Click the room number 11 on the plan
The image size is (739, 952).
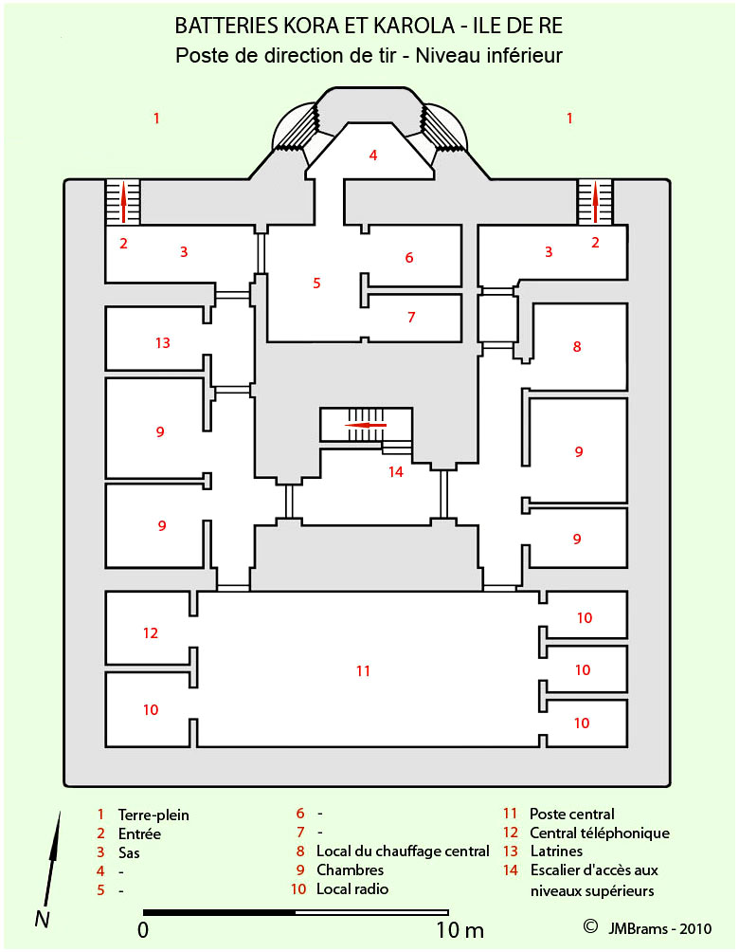(x=363, y=671)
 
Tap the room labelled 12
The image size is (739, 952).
(x=151, y=633)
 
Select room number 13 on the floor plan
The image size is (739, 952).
(x=163, y=343)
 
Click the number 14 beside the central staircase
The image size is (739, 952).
(x=396, y=472)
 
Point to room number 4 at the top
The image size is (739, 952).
(x=373, y=156)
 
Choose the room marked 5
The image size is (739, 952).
(x=316, y=283)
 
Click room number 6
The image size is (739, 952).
(x=409, y=258)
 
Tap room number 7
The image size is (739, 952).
(x=411, y=317)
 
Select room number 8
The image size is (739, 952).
(x=577, y=347)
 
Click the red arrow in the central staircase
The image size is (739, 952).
(x=366, y=425)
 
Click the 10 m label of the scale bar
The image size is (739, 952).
(x=460, y=930)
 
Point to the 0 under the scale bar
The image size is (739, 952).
(x=143, y=930)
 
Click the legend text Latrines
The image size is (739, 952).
(x=556, y=851)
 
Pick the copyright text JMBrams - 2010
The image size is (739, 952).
(x=659, y=928)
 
